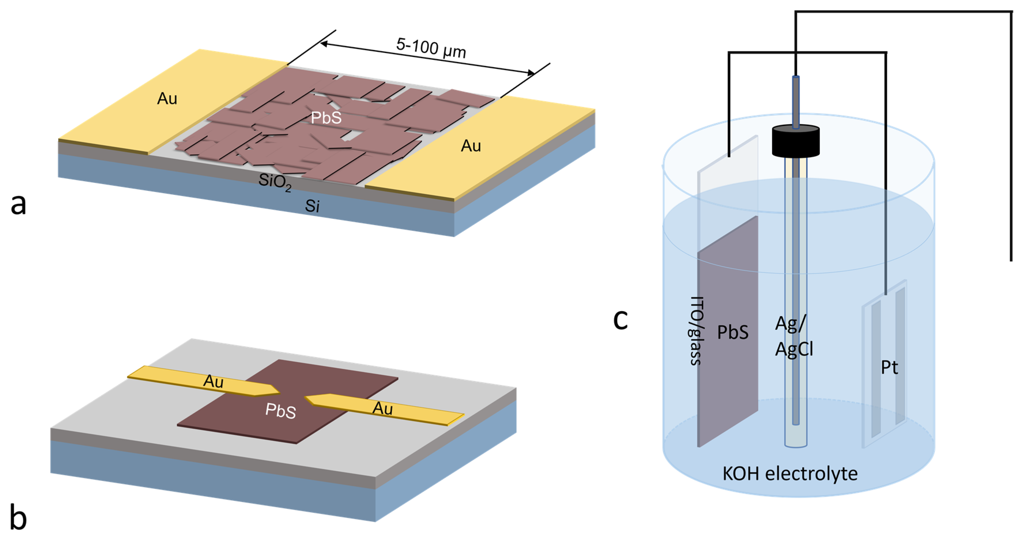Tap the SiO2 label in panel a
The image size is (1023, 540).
coord(275,182)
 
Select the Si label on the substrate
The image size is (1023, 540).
coord(312,206)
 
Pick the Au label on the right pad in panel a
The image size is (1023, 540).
coord(471,146)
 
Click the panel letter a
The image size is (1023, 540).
coord(18,204)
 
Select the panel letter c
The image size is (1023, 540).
coord(620,319)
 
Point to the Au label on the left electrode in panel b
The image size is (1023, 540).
coord(213,381)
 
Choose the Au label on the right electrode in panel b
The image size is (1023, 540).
coord(382,408)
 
